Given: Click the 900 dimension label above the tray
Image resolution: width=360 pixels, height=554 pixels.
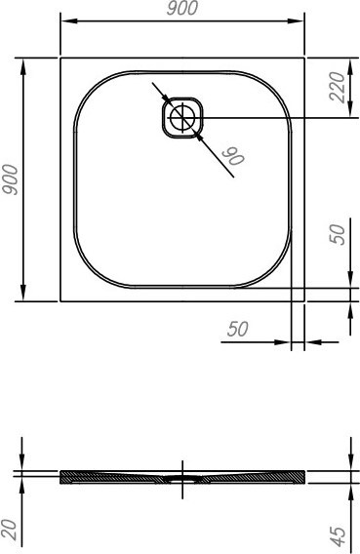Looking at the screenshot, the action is (x=181, y=8).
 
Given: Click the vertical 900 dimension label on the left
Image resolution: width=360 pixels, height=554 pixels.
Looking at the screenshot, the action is (x=10, y=179).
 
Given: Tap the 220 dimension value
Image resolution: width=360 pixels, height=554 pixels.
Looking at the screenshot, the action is (x=337, y=87).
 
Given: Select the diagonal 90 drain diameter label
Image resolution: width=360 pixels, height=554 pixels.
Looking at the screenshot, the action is (x=233, y=156).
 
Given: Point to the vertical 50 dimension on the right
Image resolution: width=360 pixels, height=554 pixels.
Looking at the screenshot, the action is (x=337, y=234).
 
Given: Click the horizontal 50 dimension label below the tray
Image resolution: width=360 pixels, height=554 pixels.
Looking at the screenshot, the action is (x=238, y=329).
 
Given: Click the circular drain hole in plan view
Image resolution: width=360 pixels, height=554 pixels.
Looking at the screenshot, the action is (x=182, y=118).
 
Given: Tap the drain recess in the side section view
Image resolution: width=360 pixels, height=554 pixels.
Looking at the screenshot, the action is (x=182, y=479).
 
